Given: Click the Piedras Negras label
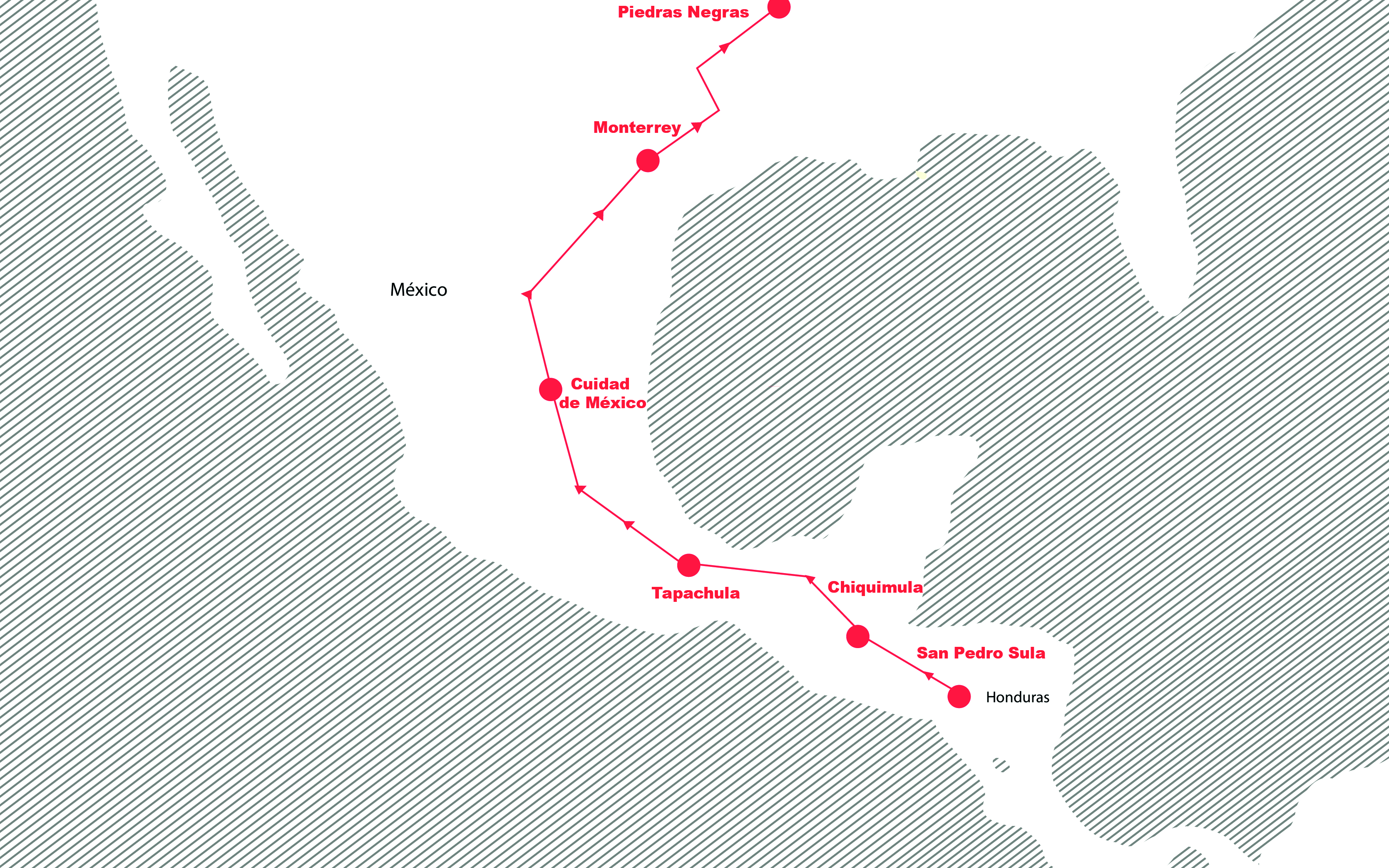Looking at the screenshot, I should pos(683,12).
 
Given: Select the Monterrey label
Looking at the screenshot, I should pos(637,127).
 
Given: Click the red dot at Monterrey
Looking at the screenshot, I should pos(648,161).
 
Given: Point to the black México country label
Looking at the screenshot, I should pos(418,290).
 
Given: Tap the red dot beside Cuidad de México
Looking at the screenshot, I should pos(550,389).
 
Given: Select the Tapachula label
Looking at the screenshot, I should pos(696,593).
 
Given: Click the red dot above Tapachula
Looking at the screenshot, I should pos(688,565).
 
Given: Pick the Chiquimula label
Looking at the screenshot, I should pos(875,587).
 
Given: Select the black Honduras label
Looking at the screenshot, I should pos(1017,698).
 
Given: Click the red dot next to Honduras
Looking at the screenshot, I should pos(959,696).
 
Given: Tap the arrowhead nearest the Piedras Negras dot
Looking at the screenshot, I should pos(725,47).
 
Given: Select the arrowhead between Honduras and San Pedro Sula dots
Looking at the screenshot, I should pos(929,676).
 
